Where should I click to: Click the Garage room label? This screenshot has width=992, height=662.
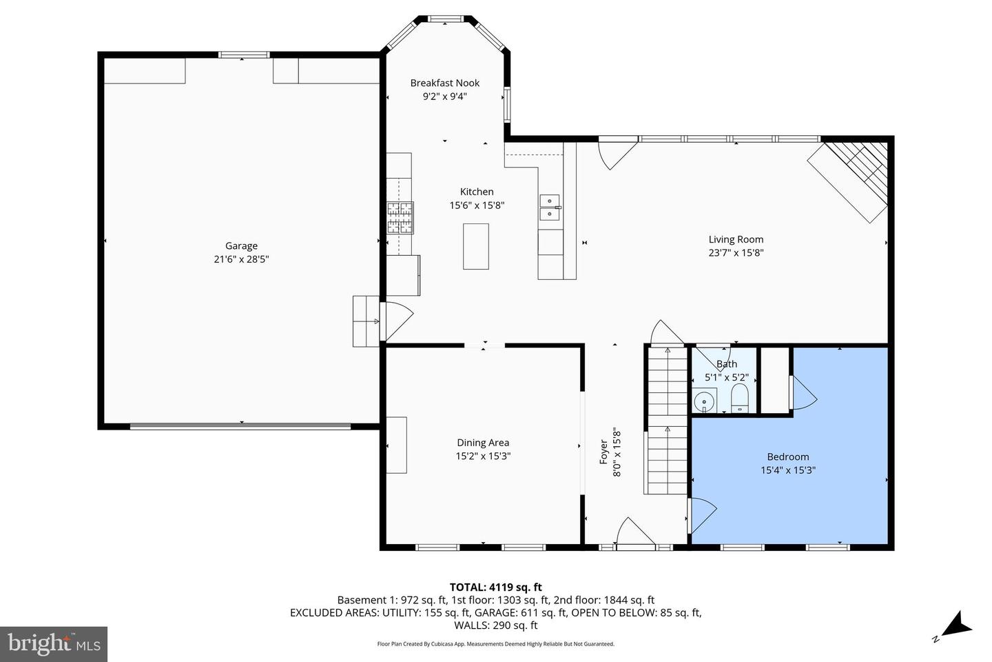(241, 246)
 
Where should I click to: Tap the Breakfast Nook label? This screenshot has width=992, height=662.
(444, 83)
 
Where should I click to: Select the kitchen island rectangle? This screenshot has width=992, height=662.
(475, 246)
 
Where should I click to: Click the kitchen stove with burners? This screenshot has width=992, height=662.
(400, 219)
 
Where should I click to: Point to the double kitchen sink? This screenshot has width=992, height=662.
(550, 207)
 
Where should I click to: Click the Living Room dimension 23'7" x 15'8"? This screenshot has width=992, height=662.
(736, 253)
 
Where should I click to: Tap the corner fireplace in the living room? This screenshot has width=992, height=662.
(851, 181)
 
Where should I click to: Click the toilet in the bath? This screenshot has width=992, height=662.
(739, 399)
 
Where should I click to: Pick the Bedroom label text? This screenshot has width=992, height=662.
(788, 457)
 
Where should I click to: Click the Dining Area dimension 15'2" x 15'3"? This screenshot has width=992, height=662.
(482, 457)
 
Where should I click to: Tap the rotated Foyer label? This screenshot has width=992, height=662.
(603, 452)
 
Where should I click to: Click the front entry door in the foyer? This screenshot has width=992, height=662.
(635, 534)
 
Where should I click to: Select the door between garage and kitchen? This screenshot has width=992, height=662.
(396, 321)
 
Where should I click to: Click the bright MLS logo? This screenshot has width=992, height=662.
(53, 644)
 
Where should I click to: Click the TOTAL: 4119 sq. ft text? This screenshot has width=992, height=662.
(495, 588)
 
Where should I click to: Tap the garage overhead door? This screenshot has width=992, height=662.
(240, 426)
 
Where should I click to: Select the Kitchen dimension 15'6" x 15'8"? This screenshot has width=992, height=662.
(477, 205)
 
